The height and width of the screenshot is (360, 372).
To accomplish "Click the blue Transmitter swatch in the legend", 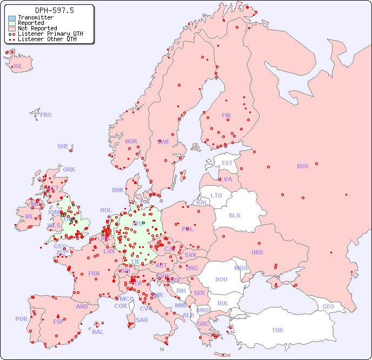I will pyautogui.click(x=12, y=18).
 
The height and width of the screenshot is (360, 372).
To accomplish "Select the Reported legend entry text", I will pyautogui.click(x=31, y=23).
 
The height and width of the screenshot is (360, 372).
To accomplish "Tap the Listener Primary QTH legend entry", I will pyautogui.click(x=50, y=34).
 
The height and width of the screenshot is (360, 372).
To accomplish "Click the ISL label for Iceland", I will pyautogui.click(x=18, y=67).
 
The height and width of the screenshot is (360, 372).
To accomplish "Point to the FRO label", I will pyautogui.click(x=46, y=115).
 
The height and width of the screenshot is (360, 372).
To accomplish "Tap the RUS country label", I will pyautogui.click(x=302, y=166).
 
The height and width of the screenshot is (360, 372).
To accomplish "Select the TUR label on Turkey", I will pyautogui.click(x=277, y=330).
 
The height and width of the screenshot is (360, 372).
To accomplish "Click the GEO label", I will pyautogui.click(x=328, y=306).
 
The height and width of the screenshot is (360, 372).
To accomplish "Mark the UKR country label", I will pyautogui.click(x=257, y=252).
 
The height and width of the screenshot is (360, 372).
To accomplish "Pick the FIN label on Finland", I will pyautogui.click(x=226, y=115).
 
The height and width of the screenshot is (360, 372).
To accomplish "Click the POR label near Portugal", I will pyautogui.click(x=21, y=319).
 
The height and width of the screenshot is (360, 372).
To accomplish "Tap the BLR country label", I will pyautogui.click(x=234, y=215).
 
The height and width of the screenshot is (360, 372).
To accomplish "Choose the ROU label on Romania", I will pyautogui.click(x=221, y=279).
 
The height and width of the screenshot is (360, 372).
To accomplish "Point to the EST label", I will pyautogui.click(x=227, y=163).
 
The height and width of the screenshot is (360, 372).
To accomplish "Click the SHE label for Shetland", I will pyautogui.click(x=63, y=146).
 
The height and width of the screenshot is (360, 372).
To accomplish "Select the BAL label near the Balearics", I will pyautogui.click(x=98, y=332).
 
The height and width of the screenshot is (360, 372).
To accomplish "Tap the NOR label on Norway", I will pyautogui.click(x=131, y=141).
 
